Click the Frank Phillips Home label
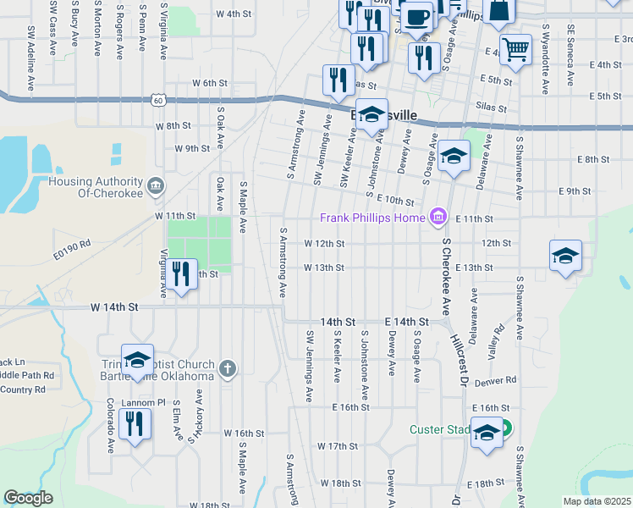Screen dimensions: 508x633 pos(373,218)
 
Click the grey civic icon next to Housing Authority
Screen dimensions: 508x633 pos(154,186)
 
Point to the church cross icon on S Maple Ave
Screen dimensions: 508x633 pos(226,368)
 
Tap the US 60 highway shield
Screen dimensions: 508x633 pos(159,100)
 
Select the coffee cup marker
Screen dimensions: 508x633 pos(416,17)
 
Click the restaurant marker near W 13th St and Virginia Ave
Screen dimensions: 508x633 pos(180,273)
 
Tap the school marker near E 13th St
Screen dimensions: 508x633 pos(565,256)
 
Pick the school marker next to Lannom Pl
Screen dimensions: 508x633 pos(137,361)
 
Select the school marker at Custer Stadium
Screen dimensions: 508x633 pos(487,433)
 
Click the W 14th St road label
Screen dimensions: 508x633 pos(114,308)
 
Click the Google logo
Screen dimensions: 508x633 pos(28,498)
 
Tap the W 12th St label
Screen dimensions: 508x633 pos(324,243)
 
